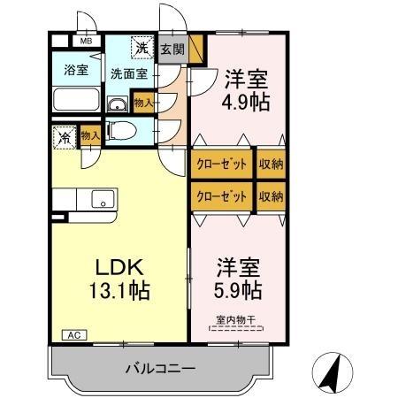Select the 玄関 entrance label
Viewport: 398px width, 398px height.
click(x=172, y=50)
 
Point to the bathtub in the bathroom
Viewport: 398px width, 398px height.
click(x=77, y=99)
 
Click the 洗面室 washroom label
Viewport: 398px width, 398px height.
click(x=129, y=74)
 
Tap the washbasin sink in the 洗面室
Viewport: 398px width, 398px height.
click(x=118, y=105)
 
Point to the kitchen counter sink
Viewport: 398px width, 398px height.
click(x=103, y=202)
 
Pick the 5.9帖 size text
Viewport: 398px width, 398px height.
click(x=239, y=288)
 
